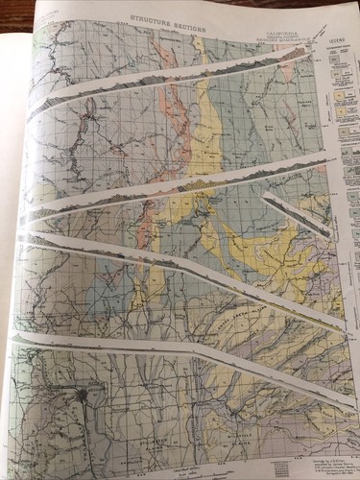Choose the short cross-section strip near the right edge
point(298,215)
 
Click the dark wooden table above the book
point(192,4)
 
